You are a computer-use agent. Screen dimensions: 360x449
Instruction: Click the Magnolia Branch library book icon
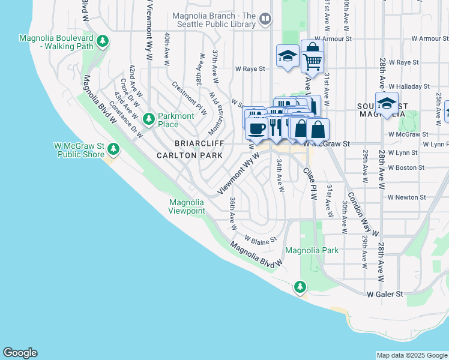click(265, 20)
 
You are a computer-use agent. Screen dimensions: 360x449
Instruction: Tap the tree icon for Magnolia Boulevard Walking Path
click(103, 41)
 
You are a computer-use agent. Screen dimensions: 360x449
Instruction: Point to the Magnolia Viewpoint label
click(187, 206)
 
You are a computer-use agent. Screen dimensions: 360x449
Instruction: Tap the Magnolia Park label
click(312, 250)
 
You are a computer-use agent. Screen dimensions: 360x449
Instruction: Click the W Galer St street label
click(385, 294)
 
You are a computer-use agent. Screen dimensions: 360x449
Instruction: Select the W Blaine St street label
click(260, 239)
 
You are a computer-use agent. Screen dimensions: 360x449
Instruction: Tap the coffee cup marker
click(256, 128)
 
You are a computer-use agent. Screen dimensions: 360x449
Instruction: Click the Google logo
click(20, 353)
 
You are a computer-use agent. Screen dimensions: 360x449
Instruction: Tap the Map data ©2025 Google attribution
click(412, 355)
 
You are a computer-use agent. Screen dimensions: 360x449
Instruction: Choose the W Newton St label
click(406, 197)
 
